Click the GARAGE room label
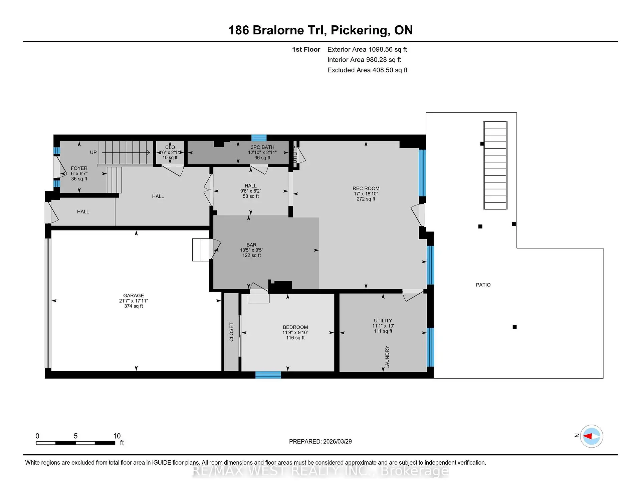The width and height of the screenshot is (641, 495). pyautogui.click(x=134, y=296)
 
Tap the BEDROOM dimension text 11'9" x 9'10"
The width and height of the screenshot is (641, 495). pyautogui.click(x=295, y=333)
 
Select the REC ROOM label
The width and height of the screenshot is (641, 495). pyautogui.click(x=366, y=188)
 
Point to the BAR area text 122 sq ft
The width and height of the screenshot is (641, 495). pyautogui.click(x=251, y=256)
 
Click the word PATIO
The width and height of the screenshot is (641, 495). pyautogui.click(x=483, y=285)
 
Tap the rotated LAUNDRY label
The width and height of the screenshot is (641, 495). pyautogui.click(x=387, y=357)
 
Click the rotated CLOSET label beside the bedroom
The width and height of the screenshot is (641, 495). pyautogui.click(x=231, y=332)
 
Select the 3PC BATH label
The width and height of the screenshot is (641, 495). pyautogui.click(x=262, y=147)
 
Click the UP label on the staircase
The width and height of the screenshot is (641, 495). pyautogui.click(x=93, y=152)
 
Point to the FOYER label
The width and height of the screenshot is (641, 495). pyautogui.click(x=79, y=168)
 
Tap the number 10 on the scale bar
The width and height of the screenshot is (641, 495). pyautogui.click(x=117, y=436)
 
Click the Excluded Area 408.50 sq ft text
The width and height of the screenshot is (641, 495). pyautogui.click(x=367, y=70)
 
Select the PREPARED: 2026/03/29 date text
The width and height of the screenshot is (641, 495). pyautogui.click(x=320, y=441)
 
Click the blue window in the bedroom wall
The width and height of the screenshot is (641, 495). pyautogui.click(x=268, y=375)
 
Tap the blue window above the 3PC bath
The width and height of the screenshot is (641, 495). pyautogui.click(x=259, y=138)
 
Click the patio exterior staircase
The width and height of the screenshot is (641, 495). pyautogui.click(x=495, y=165)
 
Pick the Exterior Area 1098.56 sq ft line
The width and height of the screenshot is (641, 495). pyautogui.click(x=367, y=49)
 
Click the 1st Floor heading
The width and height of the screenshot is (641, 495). pyautogui.click(x=306, y=49)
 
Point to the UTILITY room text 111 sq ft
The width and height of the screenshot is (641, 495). pyautogui.click(x=383, y=331)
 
